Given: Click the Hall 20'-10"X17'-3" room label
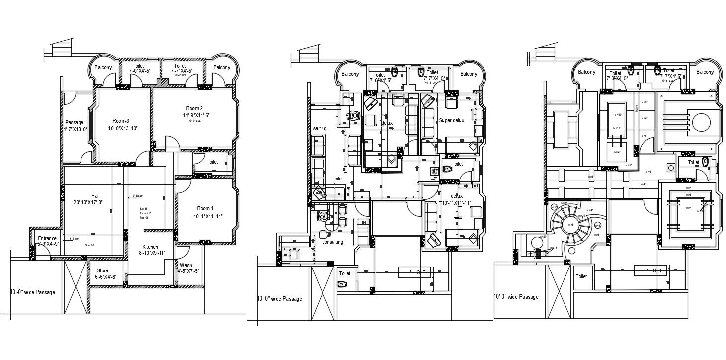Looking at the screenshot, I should click(x=95, y=199).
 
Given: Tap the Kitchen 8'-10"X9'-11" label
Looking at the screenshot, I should click(x=150, y=250).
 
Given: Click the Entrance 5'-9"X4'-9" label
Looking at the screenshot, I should click(x=48, y=241).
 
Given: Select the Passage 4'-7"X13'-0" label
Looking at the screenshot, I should click(x=75, y=126).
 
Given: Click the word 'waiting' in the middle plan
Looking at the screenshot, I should click(x=319, y=129).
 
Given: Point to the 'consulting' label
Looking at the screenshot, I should click(x=332, y=242).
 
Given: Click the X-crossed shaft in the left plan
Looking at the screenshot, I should click(x=75, y=288).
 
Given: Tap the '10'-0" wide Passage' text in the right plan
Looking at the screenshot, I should click(x=516, y=297).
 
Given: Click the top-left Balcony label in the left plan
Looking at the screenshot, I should click(x=103, y=67).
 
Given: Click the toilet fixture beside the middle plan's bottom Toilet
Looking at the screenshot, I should click(x=343, y=284).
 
